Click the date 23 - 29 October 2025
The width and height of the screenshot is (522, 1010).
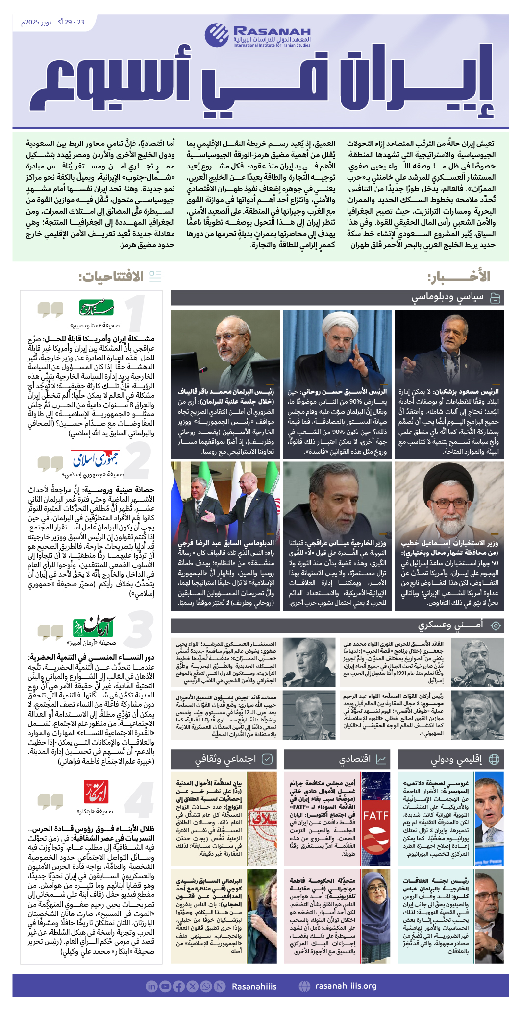(x=52, y=23)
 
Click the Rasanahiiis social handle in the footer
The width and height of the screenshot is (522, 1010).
(x=254, y=986)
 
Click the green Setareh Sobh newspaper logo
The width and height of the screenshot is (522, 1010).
(x=97, y=308)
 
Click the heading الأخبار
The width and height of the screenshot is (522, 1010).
(x=459, y=277)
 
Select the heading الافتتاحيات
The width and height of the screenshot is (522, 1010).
(x=111, y=277)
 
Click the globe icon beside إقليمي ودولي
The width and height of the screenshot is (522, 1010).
(x=494, y=759)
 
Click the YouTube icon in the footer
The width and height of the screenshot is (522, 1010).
(x=165, y=986)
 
